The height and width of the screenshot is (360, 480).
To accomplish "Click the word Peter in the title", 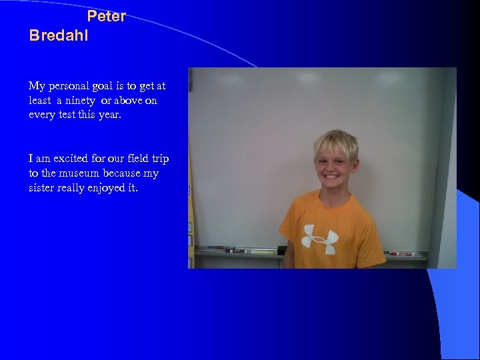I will [x=107, y=16].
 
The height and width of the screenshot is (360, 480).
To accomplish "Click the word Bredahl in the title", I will [x=59, y=35].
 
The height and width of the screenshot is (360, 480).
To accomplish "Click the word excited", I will [x=69, y=159].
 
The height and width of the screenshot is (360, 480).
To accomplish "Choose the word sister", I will [x=41, y=187].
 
